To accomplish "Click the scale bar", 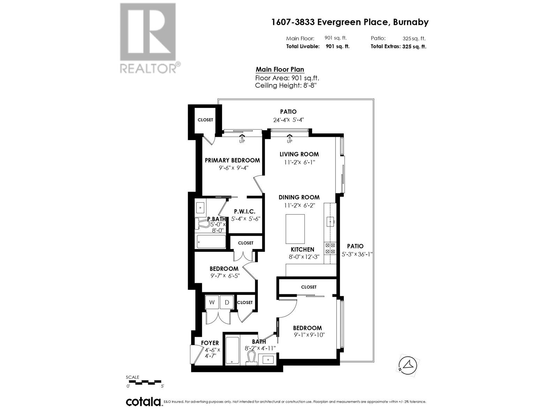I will click(145, 382).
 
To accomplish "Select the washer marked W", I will click(212, 302).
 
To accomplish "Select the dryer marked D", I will click(227, 302).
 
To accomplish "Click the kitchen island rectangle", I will click(295, 229).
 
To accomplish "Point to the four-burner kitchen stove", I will click(330, 248).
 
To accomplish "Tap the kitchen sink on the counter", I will click(330, 220).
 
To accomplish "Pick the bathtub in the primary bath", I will click(211, 241).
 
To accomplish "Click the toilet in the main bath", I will click(251, 358).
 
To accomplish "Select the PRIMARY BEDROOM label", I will click(232, 160).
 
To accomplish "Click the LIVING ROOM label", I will click(299, 154).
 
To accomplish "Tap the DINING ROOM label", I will click(299, 197).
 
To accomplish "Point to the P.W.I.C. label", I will click(244, 211).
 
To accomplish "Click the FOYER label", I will click(210, 343).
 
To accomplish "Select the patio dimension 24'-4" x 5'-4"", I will click(288, 120).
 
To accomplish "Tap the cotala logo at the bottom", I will click(143, 402).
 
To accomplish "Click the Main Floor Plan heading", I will click(280, 69).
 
